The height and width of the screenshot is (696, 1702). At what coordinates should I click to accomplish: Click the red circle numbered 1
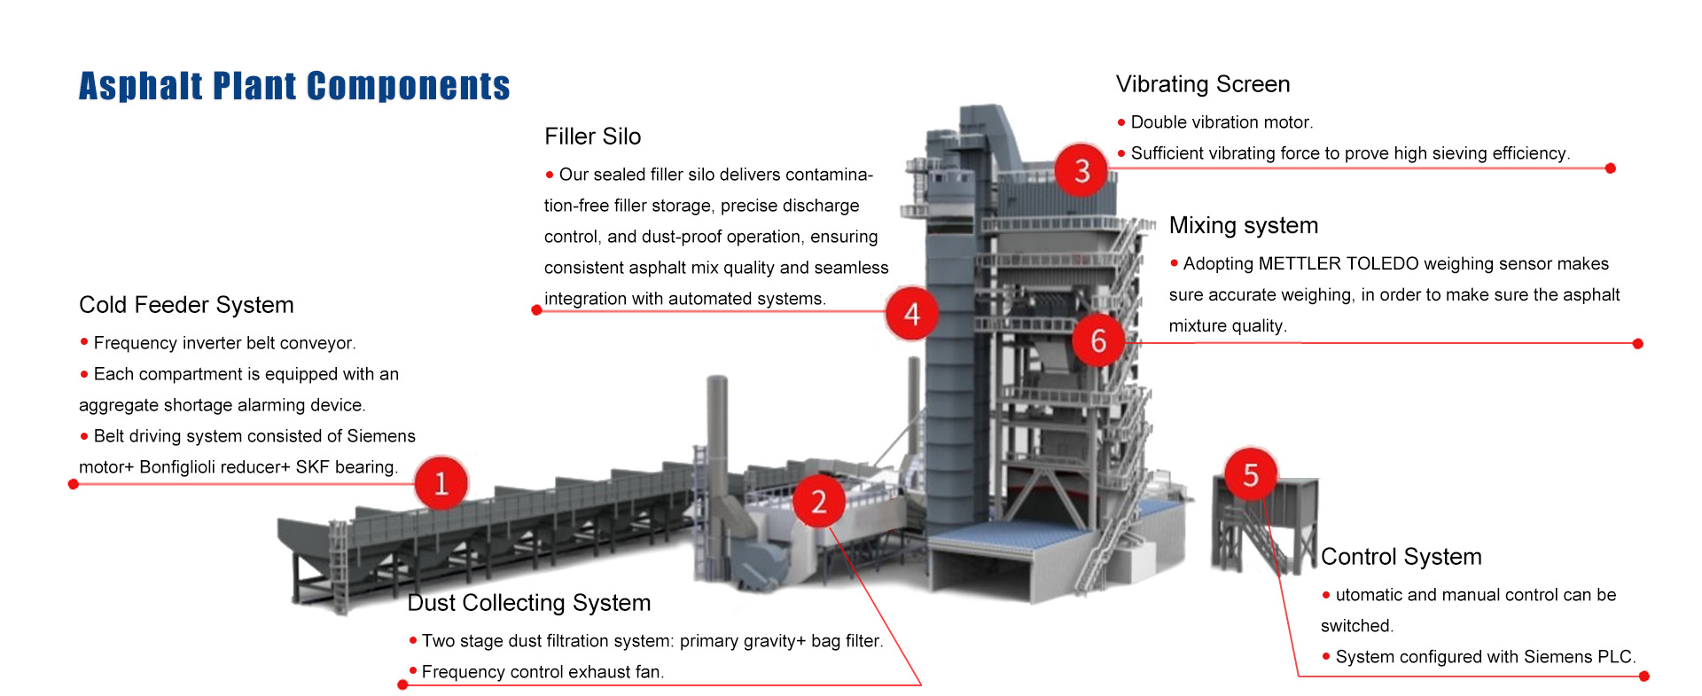pos(441,483)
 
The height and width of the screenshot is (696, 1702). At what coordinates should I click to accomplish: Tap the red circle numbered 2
pos(818,502)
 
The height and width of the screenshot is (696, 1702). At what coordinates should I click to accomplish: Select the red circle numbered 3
pos(1081,170)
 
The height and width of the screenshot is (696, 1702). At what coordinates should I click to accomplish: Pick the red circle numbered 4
pos(911,314)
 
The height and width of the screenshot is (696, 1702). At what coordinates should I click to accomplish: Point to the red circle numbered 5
pos(1250,475)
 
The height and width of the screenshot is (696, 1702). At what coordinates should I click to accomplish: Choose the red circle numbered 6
pos(1098,340)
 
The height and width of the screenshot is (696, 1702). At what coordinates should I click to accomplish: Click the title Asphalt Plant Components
pos(294,86)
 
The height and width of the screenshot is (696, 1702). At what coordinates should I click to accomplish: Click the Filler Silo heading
pos(592,137)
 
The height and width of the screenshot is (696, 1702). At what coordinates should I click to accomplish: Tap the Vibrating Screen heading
pos(1202,84)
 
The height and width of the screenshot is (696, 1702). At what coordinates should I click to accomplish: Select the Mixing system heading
pos(1243,225)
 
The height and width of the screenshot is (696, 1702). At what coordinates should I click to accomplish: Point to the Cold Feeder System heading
pos(186,305)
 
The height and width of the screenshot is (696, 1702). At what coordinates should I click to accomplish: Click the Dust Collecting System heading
pos(528,603)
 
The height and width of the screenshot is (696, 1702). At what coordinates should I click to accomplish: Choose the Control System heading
pos(1401,557)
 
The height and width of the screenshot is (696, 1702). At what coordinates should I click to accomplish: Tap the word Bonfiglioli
pos(177,467)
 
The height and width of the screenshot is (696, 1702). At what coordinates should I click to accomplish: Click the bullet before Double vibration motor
pos(1121,122)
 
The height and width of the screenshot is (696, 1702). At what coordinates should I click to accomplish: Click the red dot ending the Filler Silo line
pos(536,310)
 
